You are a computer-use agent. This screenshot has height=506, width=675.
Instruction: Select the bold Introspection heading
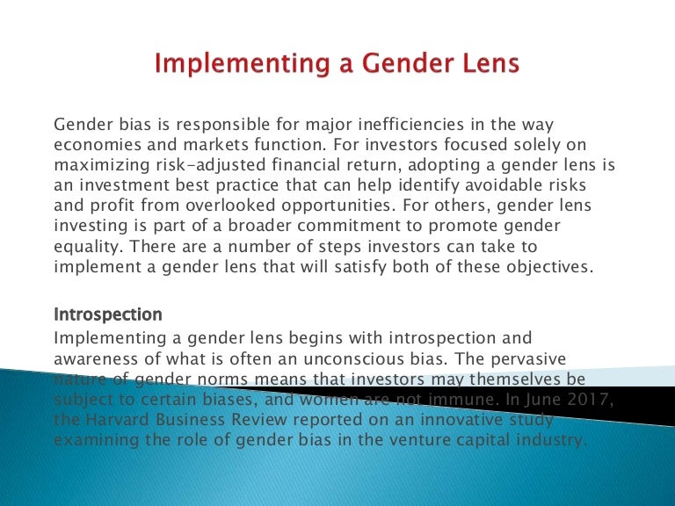(x=108, y=314)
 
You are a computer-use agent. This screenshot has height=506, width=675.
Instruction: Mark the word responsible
(x=198, y=124)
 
